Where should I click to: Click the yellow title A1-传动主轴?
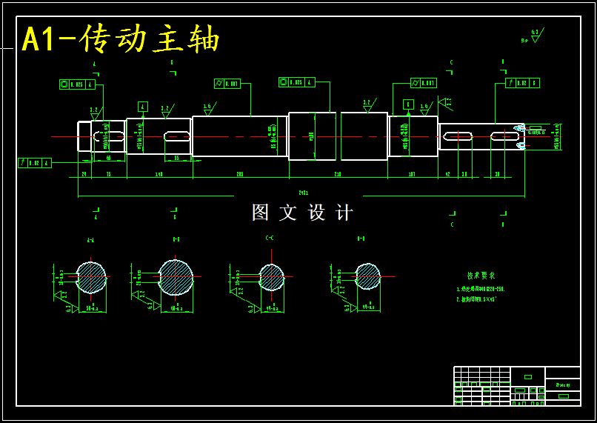coord(121,39)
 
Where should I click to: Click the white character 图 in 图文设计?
coord(261,213)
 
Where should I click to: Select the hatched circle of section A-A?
coord(92,278)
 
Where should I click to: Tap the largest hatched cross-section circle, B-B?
coord(176,278)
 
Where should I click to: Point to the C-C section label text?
coord(270,238)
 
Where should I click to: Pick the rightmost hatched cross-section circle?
coord(367,276)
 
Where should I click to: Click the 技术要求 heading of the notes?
coord(481,275)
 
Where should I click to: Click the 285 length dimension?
coord(240,174)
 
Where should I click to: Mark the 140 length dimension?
coord(159,174)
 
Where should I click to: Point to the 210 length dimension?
coord(337,174)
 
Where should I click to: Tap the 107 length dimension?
coord(412,174)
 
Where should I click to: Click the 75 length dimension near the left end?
coord(108,174)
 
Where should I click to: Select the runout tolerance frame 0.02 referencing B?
coord(522,83)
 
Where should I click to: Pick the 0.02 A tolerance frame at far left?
coord(35,163)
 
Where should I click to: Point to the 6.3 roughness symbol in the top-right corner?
coord(535,33)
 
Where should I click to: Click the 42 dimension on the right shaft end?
coord(447,174)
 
